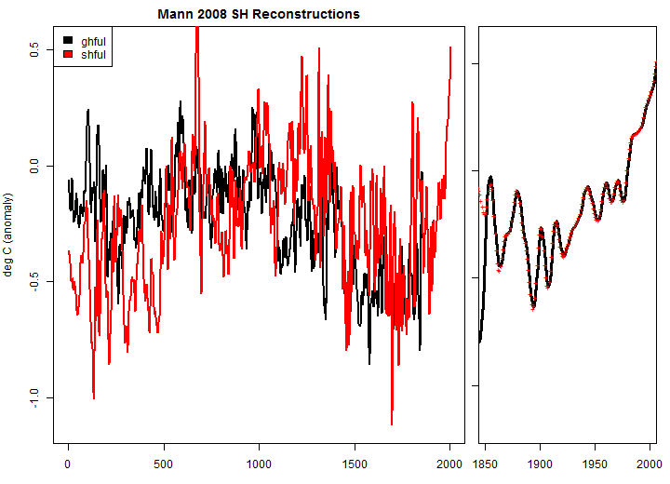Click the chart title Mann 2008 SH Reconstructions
click(258, 14)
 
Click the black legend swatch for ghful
click(67, 42)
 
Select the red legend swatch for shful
click(67, 55)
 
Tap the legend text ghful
click(93, 42)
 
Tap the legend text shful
click(93, 55)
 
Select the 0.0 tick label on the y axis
click(33, 166)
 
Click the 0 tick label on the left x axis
click(68, 463)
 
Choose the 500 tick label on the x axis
click(163, 463)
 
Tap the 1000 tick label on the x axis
click(259, 463)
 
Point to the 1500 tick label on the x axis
click(354, 463)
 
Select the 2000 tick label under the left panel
click(449, 463)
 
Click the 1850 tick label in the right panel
click(487, 463)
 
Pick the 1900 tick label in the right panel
click(542, 463)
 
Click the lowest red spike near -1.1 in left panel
click(392, 423)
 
